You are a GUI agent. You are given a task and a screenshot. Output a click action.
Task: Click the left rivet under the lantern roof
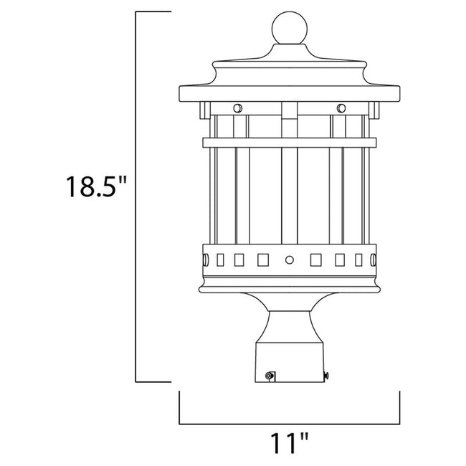(x=237, y=108)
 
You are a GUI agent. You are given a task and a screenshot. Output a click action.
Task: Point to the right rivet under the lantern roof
(x=341, y=108)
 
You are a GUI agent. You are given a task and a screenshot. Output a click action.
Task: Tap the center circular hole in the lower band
(x=290, y=257)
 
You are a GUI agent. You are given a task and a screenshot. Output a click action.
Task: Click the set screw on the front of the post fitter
(x=270, y=374)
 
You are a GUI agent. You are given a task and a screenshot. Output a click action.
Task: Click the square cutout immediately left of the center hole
(x=264, y=257)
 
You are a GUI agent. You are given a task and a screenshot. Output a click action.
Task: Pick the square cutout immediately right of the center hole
(x=315, y=257)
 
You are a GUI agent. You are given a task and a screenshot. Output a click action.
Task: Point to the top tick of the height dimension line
(x=153, y=12)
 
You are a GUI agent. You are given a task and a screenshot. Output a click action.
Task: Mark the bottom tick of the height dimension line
(x=153, y=383)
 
